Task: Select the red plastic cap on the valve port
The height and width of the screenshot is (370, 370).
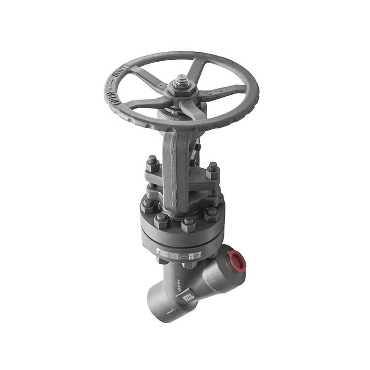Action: click(237, 260)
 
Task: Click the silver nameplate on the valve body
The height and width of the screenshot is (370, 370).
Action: click(180, 255)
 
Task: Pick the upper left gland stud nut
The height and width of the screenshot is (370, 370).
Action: click(152, 163)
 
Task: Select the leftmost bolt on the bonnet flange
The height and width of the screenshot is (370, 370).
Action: click(148, 205)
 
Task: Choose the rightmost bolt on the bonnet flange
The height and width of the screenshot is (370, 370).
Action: click(212, 214)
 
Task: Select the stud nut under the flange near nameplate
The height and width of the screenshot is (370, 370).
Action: click(189, 265)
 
